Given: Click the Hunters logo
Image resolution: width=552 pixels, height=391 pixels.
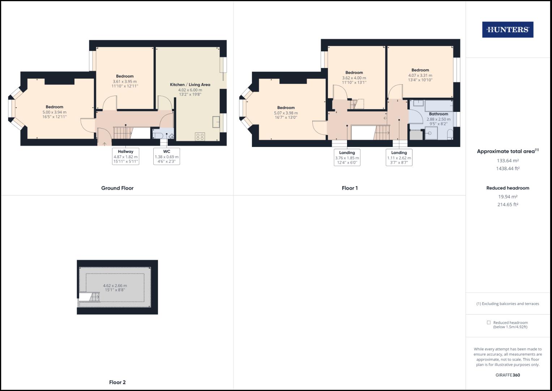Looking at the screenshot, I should (508, 30).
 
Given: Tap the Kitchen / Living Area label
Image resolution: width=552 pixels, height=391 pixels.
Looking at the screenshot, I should (190, 85).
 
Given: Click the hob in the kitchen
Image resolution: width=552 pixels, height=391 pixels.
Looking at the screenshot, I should (200, 136).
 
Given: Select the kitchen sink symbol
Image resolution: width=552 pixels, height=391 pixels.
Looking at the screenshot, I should (217, 122).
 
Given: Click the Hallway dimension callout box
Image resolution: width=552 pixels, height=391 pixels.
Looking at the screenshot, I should (125, 156).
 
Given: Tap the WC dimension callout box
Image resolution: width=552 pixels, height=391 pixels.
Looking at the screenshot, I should (167, 156).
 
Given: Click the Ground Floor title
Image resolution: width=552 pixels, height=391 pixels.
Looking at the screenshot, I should (117, 188).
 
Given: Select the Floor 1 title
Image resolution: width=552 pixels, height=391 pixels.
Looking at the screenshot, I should (350, 188).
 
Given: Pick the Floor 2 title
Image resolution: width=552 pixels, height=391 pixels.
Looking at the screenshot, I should (117, 382).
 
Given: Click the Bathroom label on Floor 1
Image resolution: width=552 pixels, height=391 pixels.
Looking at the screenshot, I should (438, 114).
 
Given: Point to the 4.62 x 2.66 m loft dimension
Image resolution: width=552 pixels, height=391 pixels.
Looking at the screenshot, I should (115, 286).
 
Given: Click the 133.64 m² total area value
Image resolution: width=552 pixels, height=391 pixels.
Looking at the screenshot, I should (508, 161).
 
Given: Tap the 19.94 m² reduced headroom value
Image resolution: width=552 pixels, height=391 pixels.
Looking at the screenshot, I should (508, 197).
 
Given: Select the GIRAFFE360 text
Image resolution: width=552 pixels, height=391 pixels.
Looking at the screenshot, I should (508, 375).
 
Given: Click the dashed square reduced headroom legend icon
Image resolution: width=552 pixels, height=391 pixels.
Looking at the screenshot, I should (489, 323).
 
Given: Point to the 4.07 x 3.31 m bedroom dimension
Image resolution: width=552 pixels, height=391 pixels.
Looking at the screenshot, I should (420, 75).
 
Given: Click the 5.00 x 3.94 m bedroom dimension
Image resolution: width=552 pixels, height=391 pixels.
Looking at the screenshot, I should (55, 112).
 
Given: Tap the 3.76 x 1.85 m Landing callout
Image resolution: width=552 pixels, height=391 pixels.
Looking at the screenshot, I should (347, 158).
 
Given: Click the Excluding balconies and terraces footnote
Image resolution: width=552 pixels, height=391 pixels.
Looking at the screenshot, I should (508, 304).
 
